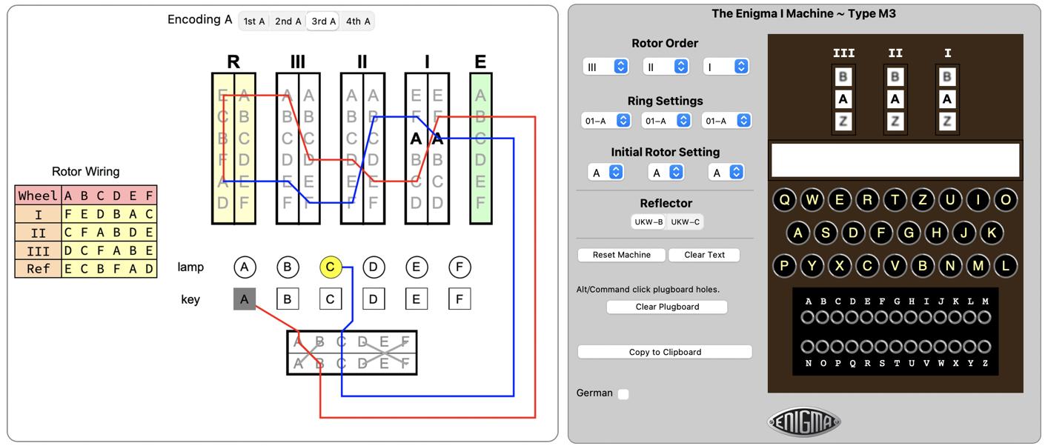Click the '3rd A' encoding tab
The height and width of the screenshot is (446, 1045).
(324, 21)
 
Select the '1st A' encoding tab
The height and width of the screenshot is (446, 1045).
(254, 21)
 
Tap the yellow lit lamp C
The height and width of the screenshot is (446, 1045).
(331, 267)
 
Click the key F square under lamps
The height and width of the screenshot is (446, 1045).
(460, 299)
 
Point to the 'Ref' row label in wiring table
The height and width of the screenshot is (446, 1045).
(38, 268)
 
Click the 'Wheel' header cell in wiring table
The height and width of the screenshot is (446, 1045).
(38, 196)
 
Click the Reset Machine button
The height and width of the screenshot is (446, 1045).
(622, 255)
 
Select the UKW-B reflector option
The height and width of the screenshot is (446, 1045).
(648, 222)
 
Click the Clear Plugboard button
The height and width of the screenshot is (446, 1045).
(667, 307)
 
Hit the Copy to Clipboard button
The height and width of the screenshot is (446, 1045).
(665, 352)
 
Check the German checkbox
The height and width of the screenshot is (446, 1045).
(623, 394)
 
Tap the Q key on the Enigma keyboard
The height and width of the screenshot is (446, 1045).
(785, 199)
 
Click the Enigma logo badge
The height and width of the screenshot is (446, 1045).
(804, 422)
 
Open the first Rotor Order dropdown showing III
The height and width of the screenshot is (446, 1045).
(606, 67)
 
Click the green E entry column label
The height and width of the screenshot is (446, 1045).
(480, 61)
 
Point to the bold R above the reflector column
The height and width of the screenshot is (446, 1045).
(233, 61)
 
